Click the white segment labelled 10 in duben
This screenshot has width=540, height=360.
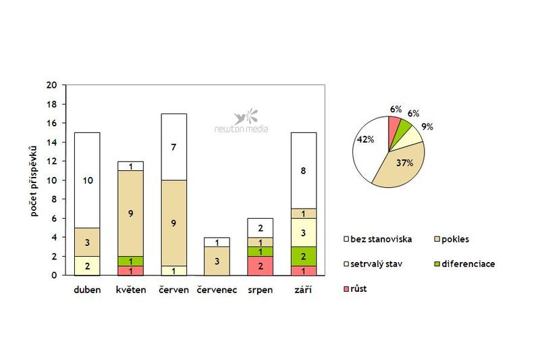[87, 180]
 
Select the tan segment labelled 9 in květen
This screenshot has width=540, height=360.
[130, 213]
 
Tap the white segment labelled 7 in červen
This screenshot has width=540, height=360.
[173, 147]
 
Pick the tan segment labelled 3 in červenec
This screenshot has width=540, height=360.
[217, 261]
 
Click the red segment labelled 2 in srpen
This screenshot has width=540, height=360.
[260, 265]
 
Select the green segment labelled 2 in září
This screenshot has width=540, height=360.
[304, 256]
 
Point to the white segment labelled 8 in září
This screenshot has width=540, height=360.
[304, 171]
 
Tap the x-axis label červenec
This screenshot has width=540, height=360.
[217, 290]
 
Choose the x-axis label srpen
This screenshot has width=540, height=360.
[260, 290]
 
